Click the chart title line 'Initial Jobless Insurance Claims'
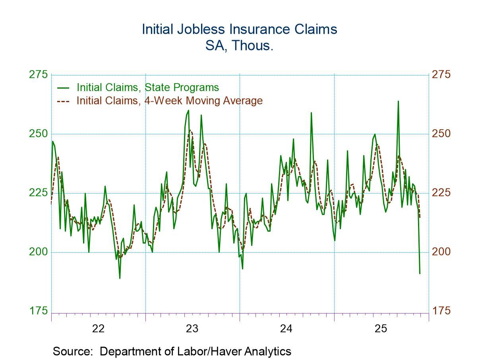click(x=240, y=29)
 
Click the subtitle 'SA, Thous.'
click(x=239, y=46)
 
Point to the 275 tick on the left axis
click(x=38, y=75)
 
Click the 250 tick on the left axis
click(x=38, y=134)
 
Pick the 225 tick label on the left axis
click(x=38, y=193)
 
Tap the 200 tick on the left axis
click(x=38, y=252)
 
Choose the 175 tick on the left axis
click(x=38, y=311)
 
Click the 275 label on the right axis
click(x=441, y=75)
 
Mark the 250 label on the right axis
click(x=441, y=134)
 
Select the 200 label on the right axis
click(x=441, y=252)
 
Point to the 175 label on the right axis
click(x=441, y=311)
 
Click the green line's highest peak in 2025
click(x=398, y=101)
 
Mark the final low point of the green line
click(x=420, y=273)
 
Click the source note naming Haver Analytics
click(x=172, y=351)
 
